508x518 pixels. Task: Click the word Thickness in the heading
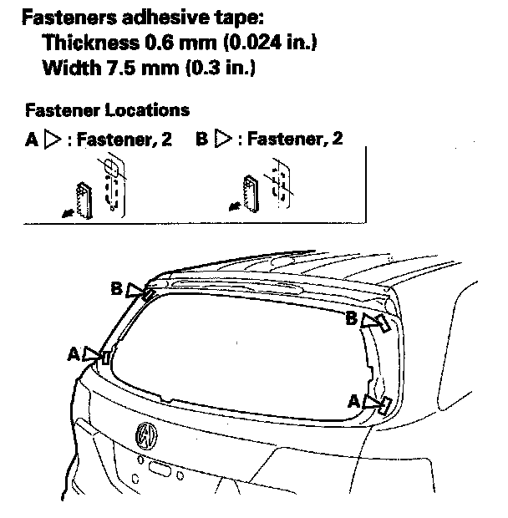(83, 43)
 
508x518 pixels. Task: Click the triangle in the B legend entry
(222, 140)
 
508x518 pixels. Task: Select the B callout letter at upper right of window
(352, 318)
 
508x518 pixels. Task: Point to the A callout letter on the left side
(74, 354)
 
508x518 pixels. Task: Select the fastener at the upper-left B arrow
(147, 292)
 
